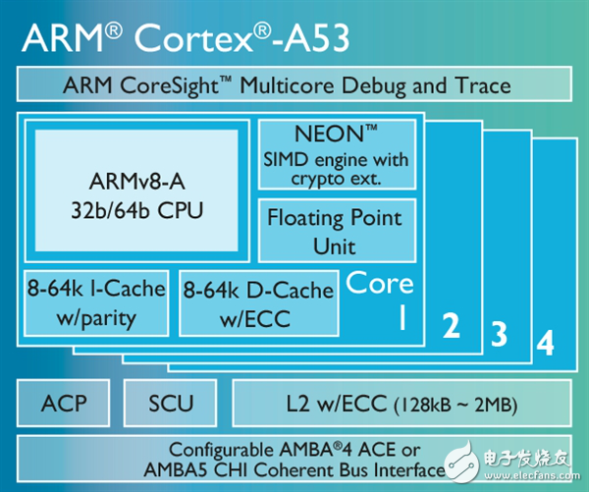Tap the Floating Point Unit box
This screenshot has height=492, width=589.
click(x=334, y=231)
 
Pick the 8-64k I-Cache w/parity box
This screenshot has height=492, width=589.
click(x=95, y=302)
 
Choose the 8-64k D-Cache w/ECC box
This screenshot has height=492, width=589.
click(x=257, y=302)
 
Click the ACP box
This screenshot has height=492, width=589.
click(x=64, y=403)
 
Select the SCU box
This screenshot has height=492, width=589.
click(x=171, y=403)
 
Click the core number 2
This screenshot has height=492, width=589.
click(x=452, y=327)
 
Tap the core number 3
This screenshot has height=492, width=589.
click(x=499, y=337)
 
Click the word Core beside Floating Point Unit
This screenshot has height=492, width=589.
click(x=380, y=284)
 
